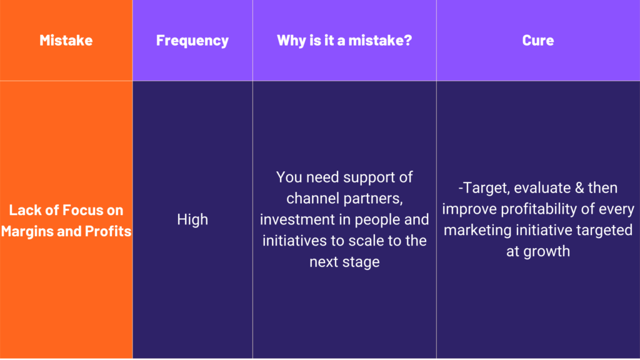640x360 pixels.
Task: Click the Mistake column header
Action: pyautogui.click(x=66, y=40)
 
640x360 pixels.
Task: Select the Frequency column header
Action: pyautogui.click(x=192, y=41)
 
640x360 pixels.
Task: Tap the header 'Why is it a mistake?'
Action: pyautogui.click(x=344, y=40)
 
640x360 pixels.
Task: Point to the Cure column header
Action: pyautogui.click(x=538, y=40)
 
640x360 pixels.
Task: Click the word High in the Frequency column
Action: pyautogui.click(x=192, y=219)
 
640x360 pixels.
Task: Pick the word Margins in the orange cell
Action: pyautogui.click(x=27, y=231)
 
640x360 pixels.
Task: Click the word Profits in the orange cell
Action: pyautogui.click(x=107, y=231)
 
